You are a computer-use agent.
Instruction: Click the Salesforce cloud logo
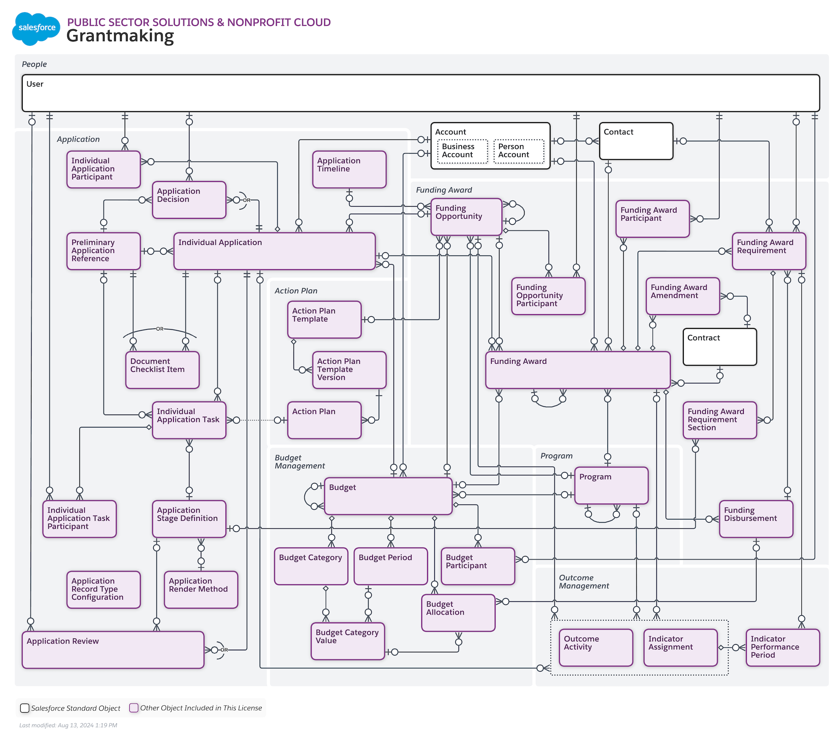[37, 28]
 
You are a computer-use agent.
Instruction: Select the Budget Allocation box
[458, 612]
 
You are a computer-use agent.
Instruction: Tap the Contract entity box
[719, 347]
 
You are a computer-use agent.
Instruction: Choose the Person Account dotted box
[519, 151]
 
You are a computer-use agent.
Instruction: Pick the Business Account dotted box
[462, 151]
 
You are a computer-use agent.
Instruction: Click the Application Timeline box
[349, 169]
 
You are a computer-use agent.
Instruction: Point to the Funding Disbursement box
[756, 519]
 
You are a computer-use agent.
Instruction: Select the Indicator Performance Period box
[782, 647]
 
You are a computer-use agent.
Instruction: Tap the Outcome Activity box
[596, 647]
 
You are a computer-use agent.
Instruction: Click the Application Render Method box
[201, 589]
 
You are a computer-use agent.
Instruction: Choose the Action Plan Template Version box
[349, 370]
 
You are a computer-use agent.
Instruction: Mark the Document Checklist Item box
[162, 370]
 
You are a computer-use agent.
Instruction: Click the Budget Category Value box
[348, 641]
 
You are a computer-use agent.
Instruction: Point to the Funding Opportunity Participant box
[548, 296]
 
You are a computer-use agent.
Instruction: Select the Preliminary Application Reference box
[103, 251]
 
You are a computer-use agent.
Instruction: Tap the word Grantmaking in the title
[120, 36]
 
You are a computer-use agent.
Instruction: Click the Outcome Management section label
[584, 582]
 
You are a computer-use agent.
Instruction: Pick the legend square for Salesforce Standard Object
[25, 708]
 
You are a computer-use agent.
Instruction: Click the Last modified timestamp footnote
[68, 725]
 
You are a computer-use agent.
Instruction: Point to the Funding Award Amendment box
[682, 296]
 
